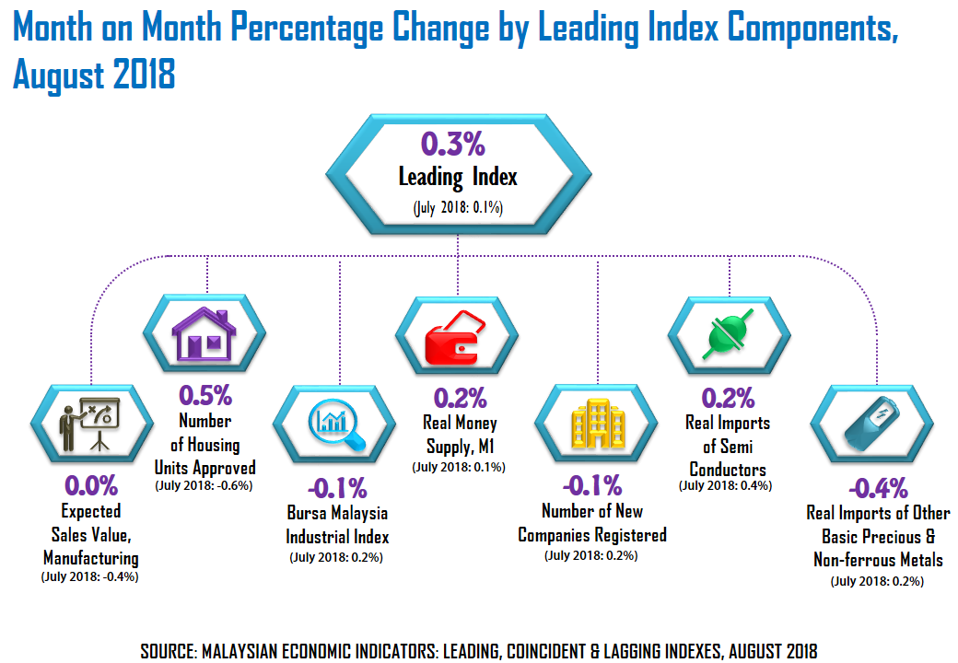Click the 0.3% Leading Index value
click(452, 145)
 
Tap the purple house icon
click(205, 335)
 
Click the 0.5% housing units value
click(204, 396)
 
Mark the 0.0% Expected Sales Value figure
click(90, 485)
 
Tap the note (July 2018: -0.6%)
click(204, 485)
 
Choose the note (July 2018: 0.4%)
click(725, 485)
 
